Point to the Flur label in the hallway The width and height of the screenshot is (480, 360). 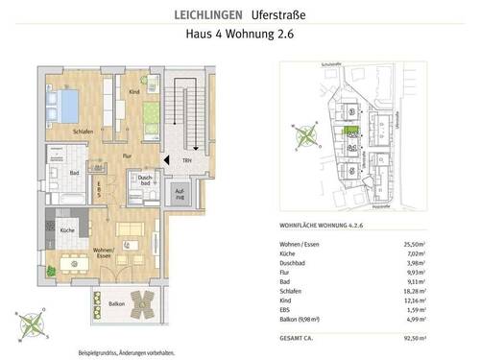click(126, 152)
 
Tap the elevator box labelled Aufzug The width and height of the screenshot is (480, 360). click(180, 196)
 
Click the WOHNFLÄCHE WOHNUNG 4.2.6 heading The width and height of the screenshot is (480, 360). click(326, 227)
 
